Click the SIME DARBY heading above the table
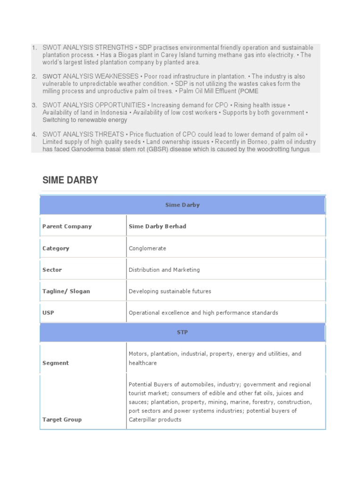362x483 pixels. pyautogui.click(x=70, y=180)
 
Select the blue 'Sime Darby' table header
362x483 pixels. pyautogui.click(x=182, y=205)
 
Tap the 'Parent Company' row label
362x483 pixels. pyautogui.click(x=67, y=226)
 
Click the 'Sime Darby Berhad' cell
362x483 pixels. pyautogui.click(x=157, y=226)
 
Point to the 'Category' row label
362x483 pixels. pyautogui.click(x=56, y=248)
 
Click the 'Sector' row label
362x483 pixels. pyautogui.click(x=52, y=270)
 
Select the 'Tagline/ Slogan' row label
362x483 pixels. pyautogui.click(x=66, y=291)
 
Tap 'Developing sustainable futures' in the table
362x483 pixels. pyautogui.click(x=170, y=291)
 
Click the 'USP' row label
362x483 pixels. pyautogui.click(x=48, y=313)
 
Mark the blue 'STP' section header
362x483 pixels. pyautogui.click(x=182, y=333)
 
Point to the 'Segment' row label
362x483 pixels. pyautogui.click(x=56, y=363)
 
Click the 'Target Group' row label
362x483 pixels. pyautogui.click(x=62, y=419)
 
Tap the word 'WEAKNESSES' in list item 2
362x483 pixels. pyautogui.click(x=116, y=76)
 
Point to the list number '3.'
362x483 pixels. pyautogui.click(x=34, y=105)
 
